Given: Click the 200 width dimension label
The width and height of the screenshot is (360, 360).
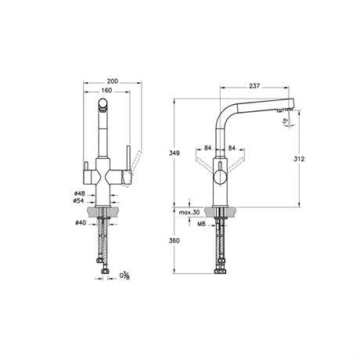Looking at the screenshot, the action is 113,81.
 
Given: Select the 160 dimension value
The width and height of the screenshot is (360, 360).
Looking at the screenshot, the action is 106,90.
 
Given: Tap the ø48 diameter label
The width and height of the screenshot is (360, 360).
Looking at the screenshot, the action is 80,193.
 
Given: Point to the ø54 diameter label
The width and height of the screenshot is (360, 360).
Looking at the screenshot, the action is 80,200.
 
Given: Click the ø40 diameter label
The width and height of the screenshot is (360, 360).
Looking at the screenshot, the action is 81,223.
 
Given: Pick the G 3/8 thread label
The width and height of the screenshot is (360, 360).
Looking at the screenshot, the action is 124,275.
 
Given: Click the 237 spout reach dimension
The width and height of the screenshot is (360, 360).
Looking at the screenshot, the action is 254,85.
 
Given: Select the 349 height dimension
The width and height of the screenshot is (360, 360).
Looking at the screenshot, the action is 175,153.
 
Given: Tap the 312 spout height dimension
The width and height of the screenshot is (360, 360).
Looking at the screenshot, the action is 299,159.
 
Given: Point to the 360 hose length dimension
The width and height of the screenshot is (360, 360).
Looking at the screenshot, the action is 175,240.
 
